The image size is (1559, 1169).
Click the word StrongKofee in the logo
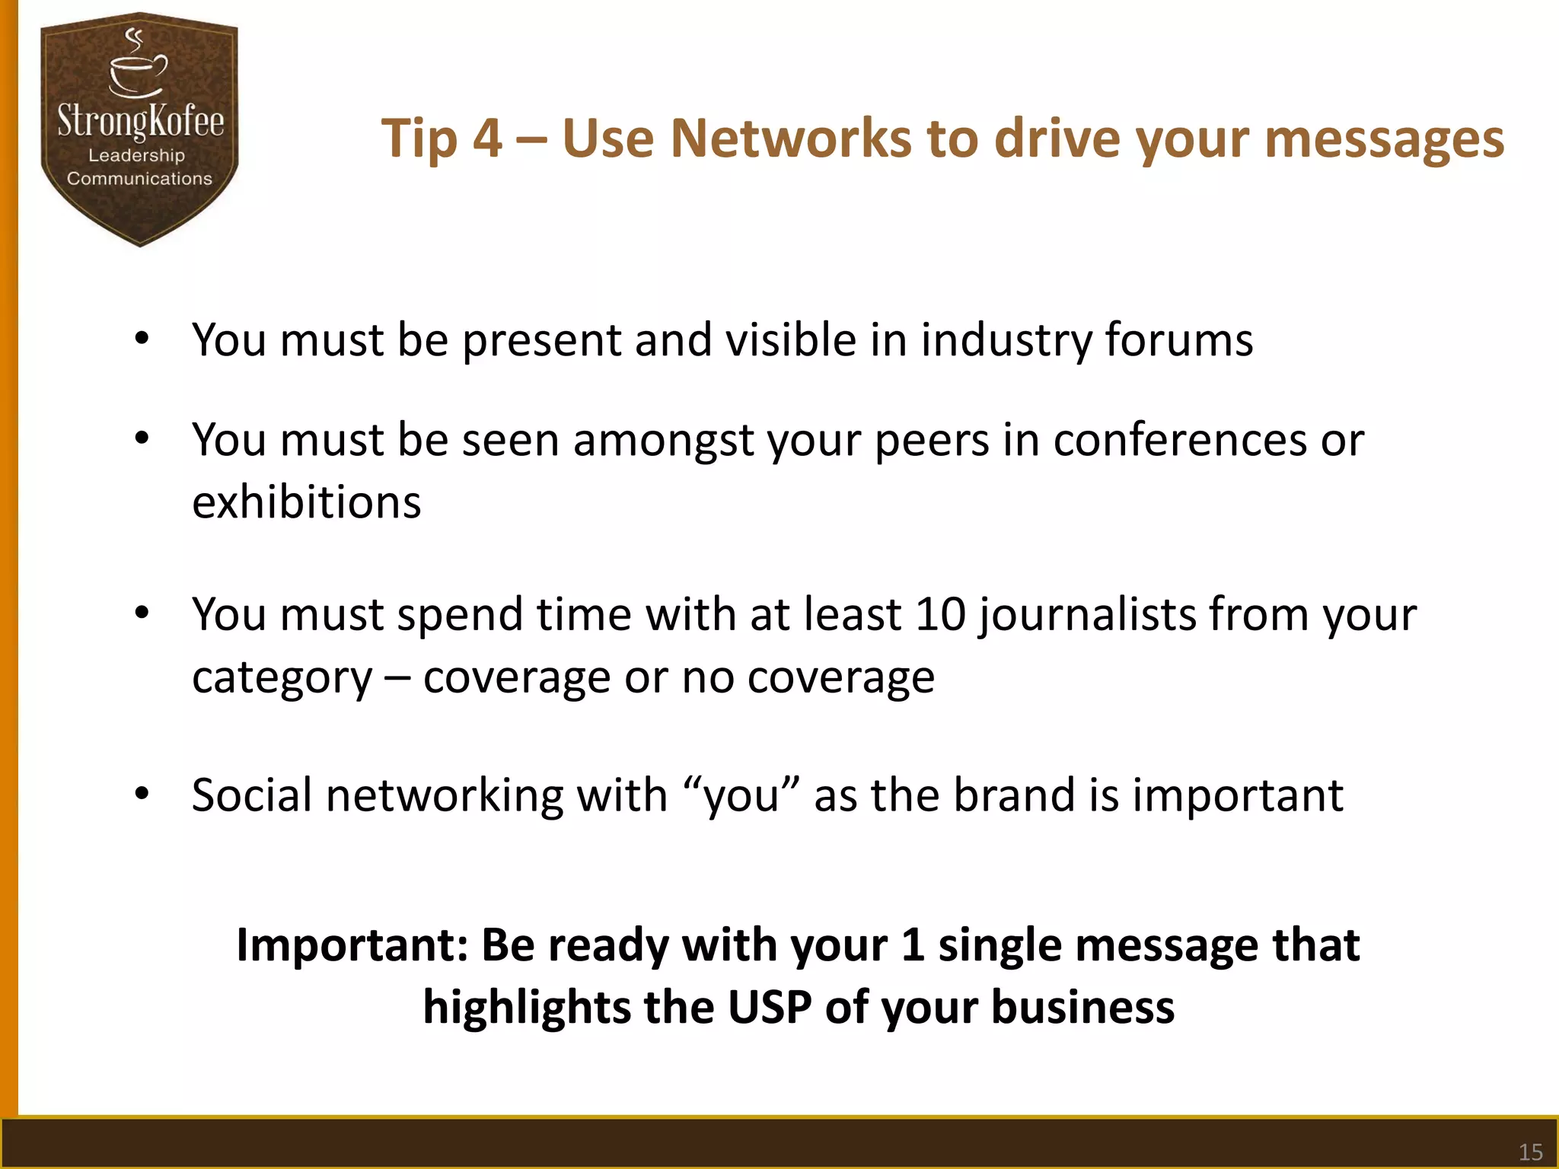pos(141,122)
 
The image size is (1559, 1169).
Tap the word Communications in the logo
pos(139,179)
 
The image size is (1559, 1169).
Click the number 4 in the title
pos(487,139)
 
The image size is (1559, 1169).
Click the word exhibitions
pos(306,502)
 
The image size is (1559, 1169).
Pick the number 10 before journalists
pos(940,614)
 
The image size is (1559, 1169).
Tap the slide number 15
pos(1530,1151)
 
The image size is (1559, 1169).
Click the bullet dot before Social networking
pos(142,795)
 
